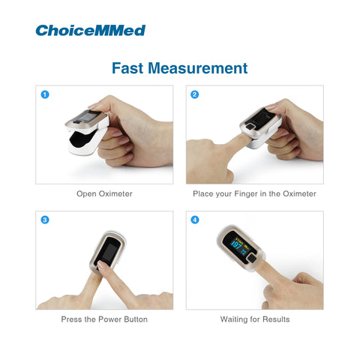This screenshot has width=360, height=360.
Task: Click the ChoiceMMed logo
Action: point(91,31)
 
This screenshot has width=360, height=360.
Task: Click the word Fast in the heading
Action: point(127,68)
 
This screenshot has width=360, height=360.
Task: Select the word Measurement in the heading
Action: point(198,68)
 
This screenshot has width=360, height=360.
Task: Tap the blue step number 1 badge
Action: point(45,94)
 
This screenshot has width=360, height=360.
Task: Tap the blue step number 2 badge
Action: point(195,94)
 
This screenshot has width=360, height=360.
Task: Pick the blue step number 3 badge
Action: point(45,220)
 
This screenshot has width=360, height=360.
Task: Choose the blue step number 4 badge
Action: point(195,220)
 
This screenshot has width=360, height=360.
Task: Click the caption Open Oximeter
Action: point(104,193)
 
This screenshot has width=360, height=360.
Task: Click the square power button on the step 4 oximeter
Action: point(252,259)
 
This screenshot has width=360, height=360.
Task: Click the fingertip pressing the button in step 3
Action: point(102,265)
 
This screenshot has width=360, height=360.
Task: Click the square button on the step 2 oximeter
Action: point(250,127)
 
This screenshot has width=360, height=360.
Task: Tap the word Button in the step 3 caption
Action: point(136,319)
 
